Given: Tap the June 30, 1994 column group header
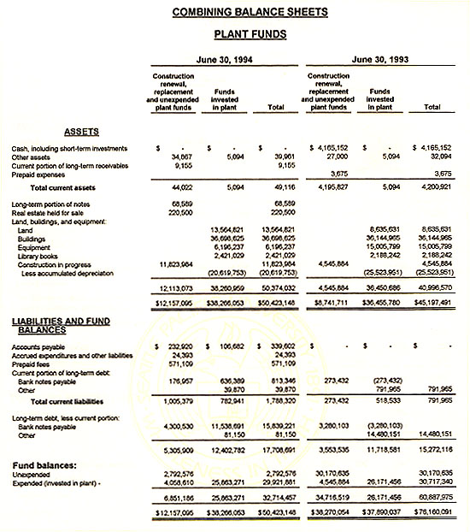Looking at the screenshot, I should pyautogui.click(x=225, y=60).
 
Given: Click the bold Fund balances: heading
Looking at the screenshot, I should pyautogui.click(x=50, y=465).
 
